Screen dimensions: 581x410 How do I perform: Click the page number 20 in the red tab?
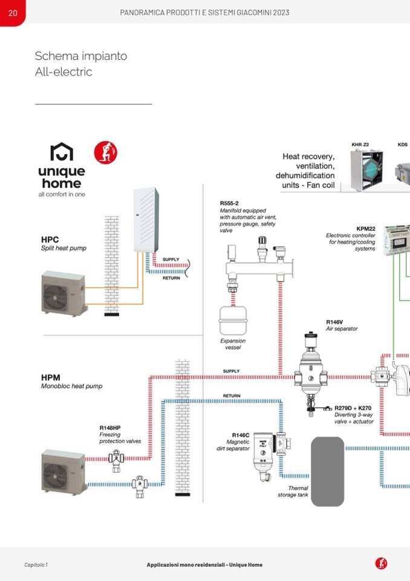(12, 13)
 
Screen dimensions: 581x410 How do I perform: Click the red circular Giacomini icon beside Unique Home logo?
(106, 152)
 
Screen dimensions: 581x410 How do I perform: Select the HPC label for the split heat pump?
(50, 240)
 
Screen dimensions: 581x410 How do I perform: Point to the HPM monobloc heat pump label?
(51, 377)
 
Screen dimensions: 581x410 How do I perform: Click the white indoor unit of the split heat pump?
(146, 219)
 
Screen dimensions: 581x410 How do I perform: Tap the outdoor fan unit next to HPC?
(63, 295)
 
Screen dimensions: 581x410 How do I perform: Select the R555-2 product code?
(229, 204)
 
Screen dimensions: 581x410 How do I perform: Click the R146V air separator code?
(334, 322)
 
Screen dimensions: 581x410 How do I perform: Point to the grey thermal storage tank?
(327, 471)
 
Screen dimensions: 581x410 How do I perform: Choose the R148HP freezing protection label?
(110, 428)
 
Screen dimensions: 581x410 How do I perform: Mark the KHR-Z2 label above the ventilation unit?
(360, 145)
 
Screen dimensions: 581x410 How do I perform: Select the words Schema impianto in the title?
(81, 56)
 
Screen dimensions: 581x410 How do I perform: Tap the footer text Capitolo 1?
(36, 565)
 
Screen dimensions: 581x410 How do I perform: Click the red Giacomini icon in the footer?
(381, 563)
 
